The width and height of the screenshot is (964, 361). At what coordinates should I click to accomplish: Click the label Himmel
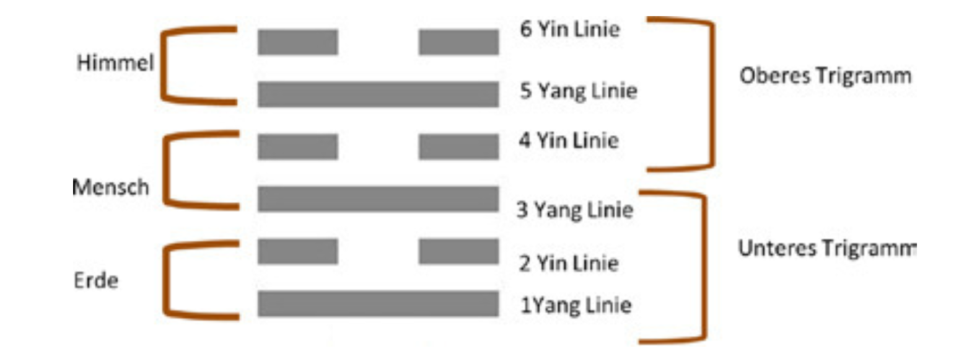(115, 63)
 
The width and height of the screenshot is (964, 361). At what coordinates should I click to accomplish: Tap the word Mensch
(111, 187)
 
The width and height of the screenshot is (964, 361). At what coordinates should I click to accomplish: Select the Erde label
(96, 280)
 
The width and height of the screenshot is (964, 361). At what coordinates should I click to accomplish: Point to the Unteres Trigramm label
(828, 249)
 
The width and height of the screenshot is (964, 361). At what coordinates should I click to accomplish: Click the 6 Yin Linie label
(570, 29)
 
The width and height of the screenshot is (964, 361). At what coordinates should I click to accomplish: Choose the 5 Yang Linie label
(579, 91)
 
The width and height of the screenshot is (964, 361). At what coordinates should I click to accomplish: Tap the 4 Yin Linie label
(569, 140)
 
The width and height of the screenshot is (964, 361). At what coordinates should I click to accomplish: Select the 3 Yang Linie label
(575, 210)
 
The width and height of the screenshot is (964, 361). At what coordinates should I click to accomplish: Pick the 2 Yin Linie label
(569, 263)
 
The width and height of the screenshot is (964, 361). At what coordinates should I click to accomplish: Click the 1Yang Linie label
(576, 305)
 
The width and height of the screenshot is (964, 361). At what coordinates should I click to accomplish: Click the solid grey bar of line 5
(379, 94)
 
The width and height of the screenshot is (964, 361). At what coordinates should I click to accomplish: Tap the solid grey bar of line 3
(379, 198)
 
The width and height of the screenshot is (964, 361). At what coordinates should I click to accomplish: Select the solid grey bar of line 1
(379, 304)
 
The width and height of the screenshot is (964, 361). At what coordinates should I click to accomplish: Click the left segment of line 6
(298, 42)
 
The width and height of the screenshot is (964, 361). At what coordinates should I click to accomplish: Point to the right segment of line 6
(458, 42)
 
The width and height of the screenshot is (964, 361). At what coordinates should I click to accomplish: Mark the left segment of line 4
(298, 147)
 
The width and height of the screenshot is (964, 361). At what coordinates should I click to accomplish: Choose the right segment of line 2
(458, 251)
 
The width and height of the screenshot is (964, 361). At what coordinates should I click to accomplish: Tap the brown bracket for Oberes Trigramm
(712, 94)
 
